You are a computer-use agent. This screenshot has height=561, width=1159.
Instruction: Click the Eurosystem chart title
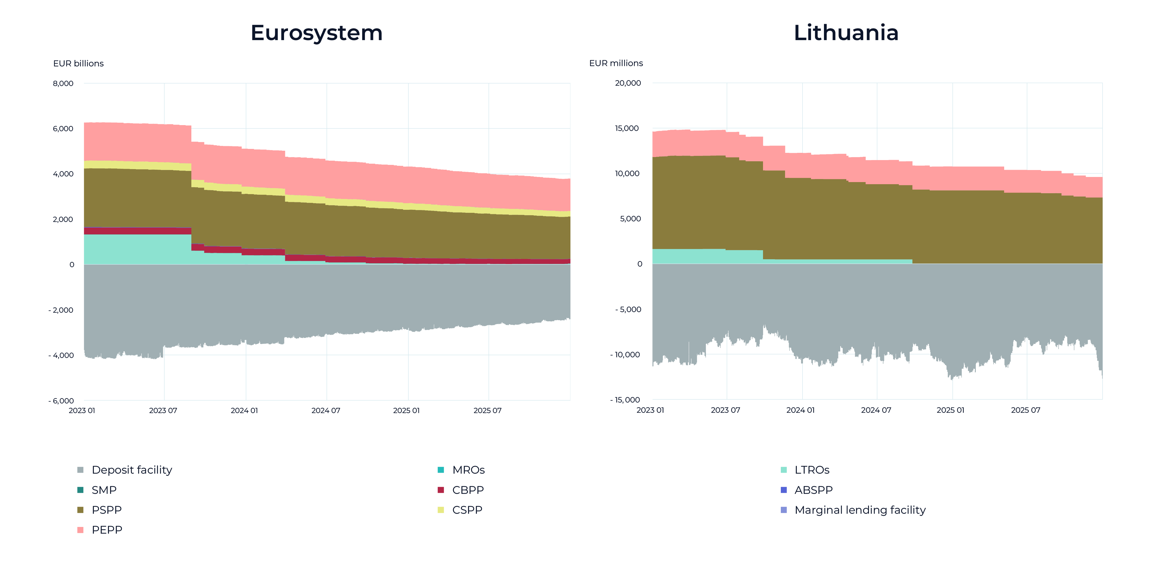pos(316,33)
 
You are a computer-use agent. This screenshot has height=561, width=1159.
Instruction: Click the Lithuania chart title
pos(846,33)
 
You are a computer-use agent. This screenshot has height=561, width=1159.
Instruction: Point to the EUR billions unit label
pos(78,63)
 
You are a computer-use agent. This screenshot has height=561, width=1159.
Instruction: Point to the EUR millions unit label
pos(616,63)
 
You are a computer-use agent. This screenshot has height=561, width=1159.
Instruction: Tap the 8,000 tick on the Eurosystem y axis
pos(63,83)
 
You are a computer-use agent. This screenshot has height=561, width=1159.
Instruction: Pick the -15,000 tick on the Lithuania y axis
pos(625,400)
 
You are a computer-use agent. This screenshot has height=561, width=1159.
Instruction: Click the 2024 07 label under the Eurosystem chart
pos(326,410)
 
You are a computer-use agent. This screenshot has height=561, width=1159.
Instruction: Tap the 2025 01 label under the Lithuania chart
pos(950,410)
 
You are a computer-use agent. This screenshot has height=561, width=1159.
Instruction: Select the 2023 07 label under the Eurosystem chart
pos(163,410)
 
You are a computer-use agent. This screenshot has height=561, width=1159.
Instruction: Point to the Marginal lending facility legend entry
pos(853,510)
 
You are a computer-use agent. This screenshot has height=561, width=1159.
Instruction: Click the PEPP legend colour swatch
pos(81,530)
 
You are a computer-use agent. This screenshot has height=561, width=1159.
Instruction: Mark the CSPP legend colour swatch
pos(441,510)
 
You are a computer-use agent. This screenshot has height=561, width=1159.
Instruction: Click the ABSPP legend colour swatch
pos(784,490)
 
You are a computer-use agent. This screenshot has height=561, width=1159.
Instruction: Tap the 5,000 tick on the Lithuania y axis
pos(630,219)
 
